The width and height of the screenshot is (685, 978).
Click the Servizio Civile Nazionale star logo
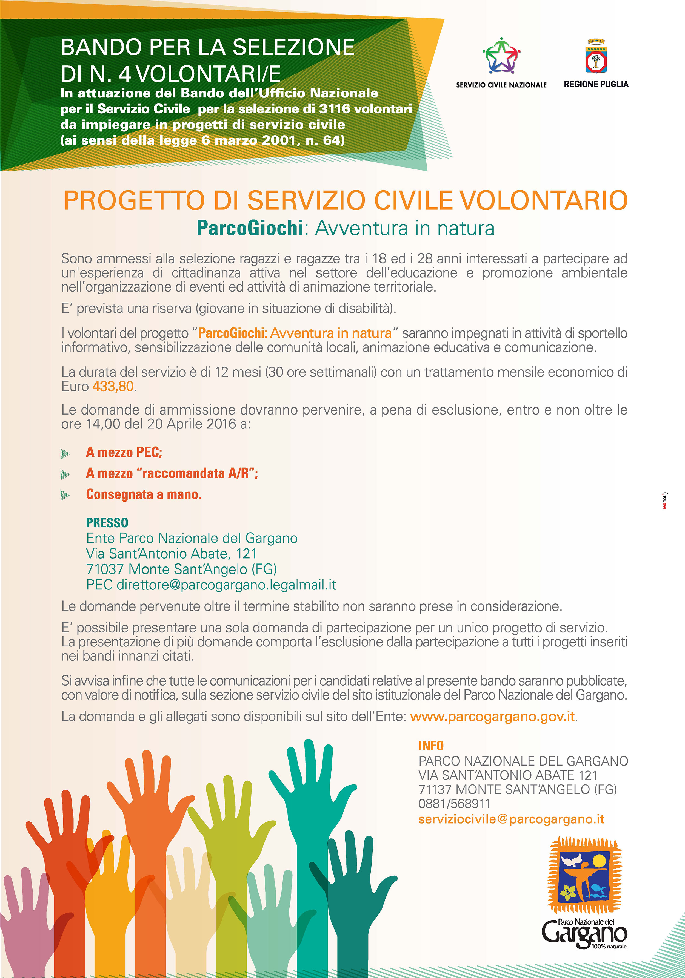502,55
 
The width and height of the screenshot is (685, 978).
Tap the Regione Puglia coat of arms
596,57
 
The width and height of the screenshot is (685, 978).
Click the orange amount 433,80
113,386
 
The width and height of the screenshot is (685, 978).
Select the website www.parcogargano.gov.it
492,717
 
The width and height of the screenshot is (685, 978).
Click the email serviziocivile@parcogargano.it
511,819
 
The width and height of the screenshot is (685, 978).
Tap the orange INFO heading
431,746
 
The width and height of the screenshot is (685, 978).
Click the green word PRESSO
107,523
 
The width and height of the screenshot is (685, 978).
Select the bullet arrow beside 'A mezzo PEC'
65,453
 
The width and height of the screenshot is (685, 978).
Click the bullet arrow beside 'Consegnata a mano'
65,495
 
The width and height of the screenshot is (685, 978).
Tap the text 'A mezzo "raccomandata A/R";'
172,473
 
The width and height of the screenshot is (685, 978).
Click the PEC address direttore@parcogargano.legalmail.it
226,585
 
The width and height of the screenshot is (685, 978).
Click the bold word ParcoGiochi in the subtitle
250,228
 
